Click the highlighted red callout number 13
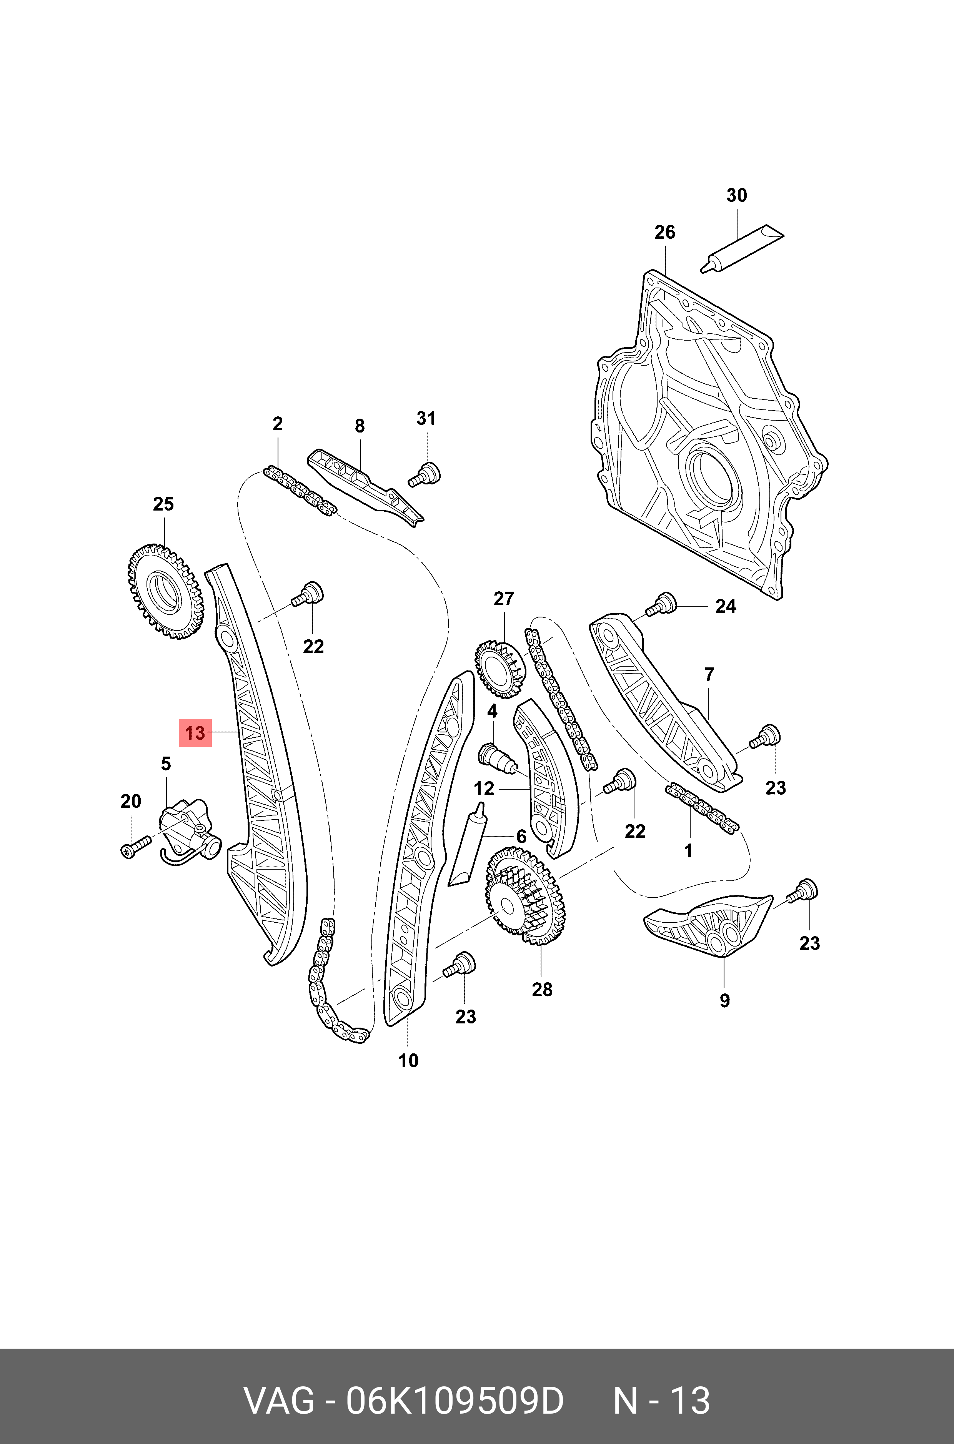(x=195, y=732)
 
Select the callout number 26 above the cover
(x=664, y=232)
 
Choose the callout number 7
(x=709, y=675)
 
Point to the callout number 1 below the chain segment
(x=688, y=851)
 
